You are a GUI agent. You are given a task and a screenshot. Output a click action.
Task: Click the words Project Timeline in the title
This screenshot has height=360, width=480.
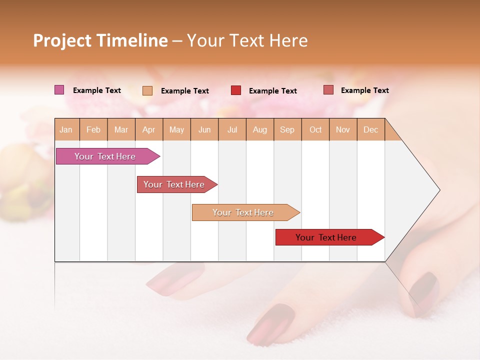100,40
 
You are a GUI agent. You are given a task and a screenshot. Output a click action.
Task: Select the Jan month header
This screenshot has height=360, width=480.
66,129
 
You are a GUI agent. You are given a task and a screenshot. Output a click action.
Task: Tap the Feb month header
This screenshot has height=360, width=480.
93,129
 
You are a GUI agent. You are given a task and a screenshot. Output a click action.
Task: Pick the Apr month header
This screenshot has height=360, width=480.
148,129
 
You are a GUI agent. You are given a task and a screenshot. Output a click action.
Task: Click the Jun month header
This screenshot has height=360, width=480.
204,129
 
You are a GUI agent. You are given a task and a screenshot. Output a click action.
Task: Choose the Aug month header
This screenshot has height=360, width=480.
259,129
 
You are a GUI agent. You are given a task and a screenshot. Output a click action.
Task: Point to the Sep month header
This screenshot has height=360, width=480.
287,129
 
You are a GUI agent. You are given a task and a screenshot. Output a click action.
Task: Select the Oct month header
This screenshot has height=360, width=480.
315,129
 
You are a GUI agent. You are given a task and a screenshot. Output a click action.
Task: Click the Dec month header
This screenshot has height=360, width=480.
370,129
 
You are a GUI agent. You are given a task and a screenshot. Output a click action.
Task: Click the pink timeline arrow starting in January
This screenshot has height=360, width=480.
105,156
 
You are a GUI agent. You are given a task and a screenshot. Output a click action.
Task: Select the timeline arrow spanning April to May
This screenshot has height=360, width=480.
174,184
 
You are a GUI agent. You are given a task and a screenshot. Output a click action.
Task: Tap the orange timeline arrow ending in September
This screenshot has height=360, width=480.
243,212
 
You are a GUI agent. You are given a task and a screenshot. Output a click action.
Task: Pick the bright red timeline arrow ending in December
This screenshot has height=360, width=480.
326,237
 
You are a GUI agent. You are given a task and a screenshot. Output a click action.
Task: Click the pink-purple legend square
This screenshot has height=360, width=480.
59,90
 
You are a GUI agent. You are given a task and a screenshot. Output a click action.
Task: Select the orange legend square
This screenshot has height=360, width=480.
147,90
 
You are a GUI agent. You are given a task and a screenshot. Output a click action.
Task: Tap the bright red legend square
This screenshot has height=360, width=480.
236,90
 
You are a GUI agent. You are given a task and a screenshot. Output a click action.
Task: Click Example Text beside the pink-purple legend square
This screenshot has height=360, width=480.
97,90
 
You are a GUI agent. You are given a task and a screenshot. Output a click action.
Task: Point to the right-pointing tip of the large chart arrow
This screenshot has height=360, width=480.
438,190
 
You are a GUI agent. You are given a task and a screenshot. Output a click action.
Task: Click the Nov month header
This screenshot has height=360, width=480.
343,129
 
